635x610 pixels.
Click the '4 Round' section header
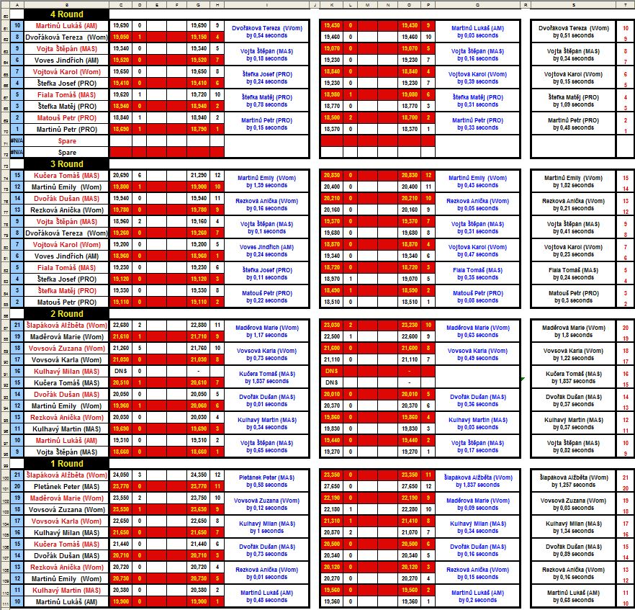click(x=66, y=14)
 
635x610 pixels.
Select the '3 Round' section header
click(x=66, y=164)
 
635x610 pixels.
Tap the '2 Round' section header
click(x=66, y=314)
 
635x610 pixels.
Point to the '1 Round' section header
click(x=66, y=464)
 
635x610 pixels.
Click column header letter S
click(x=573, y=5)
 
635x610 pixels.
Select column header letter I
click(x=267, y=5)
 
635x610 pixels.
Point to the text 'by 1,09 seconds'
click(x=574, y=104)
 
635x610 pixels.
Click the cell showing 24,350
click(x=197, y=475)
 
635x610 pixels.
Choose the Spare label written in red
click(x=67, y=141)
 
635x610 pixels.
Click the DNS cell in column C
click(x=120, y=372)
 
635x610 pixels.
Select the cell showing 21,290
click(x=197, y=176)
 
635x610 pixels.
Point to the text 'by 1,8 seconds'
click(x=574, y=335)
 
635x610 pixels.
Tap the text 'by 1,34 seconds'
click(x=574, y=531)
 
